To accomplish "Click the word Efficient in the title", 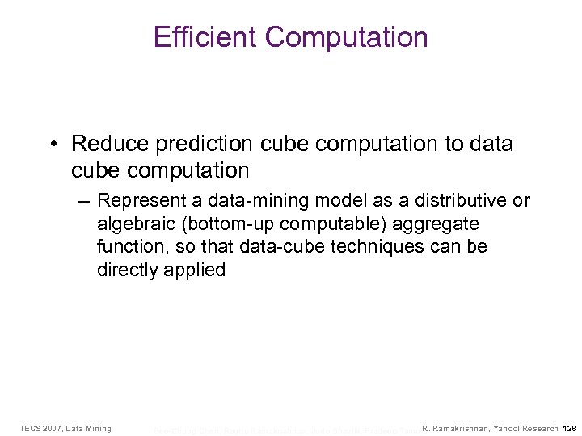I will [x=205, y=37].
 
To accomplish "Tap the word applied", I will [x=196, y=270].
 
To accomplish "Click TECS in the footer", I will [x=31, y=427].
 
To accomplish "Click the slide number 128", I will [x=569, y=427].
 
